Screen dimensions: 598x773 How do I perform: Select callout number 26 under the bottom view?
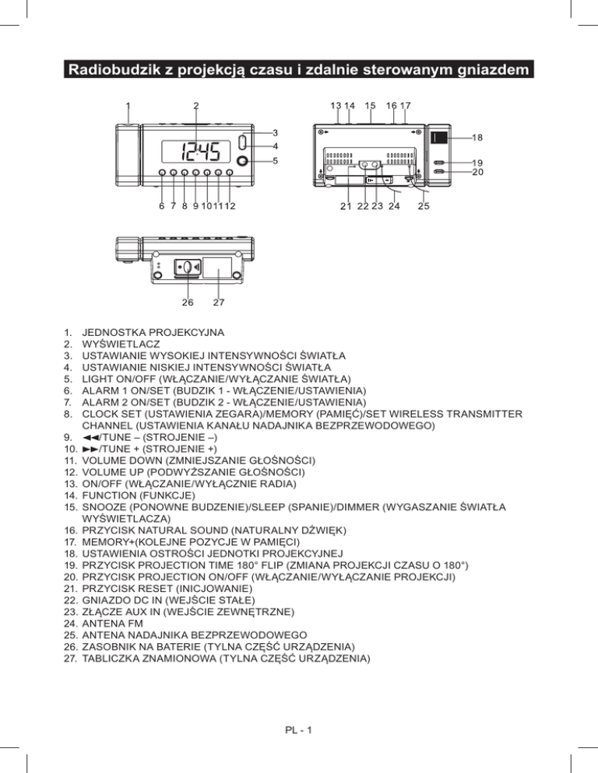[x=188, y=302]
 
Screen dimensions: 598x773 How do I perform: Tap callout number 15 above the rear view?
[x=370, y=106]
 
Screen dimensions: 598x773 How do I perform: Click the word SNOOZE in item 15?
[x=106, y=505]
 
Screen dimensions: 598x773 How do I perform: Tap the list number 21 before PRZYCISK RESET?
[x=69, y=600]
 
